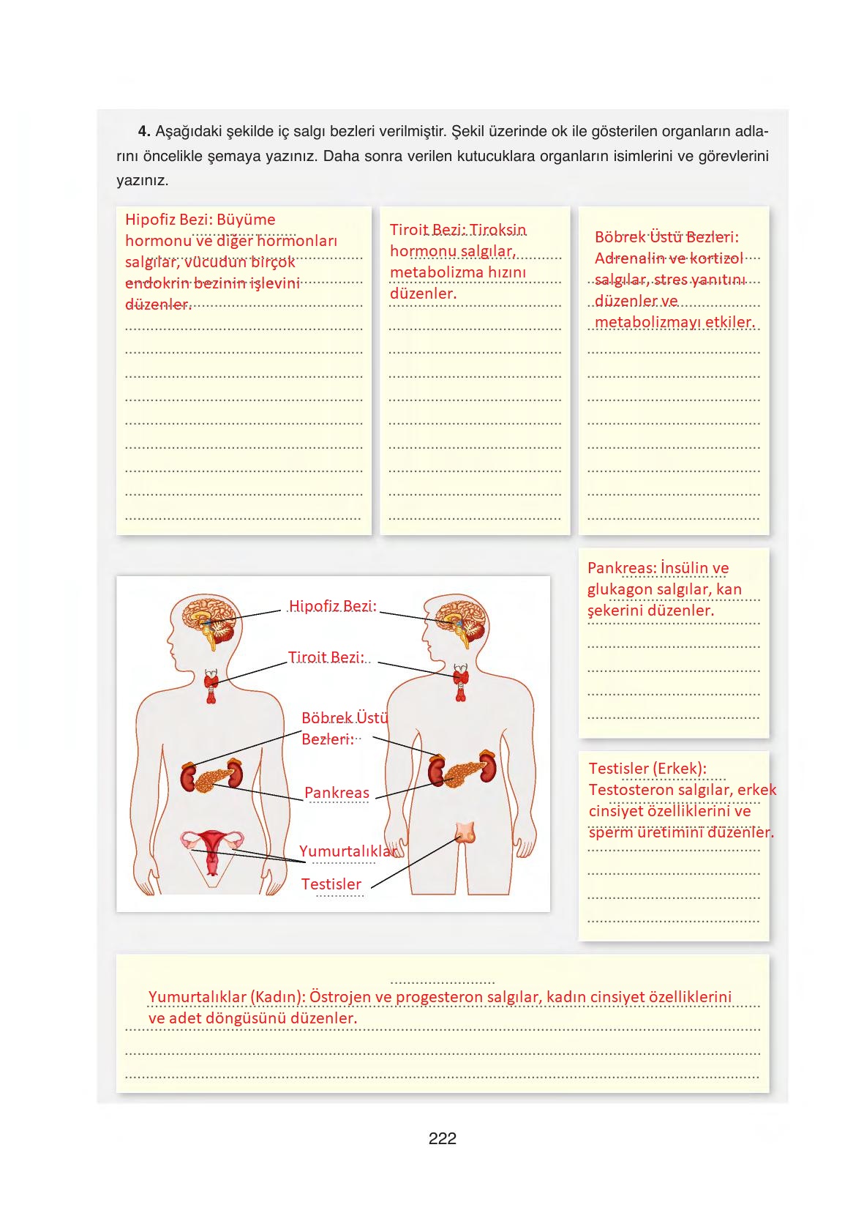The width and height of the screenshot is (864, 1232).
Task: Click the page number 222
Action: click(442, 1138)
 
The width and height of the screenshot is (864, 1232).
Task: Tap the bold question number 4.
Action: click(144, 131)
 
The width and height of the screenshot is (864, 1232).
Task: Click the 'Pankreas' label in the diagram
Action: click(337, 793)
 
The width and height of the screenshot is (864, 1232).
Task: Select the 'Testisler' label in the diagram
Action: click(331, 884)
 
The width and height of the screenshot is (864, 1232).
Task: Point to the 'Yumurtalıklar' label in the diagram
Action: click(348, 851)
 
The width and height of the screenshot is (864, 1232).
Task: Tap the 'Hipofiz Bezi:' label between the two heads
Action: click(333, 605)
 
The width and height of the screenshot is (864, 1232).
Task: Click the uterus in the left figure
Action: click(212, 849)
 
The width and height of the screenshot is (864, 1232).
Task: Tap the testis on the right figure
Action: click(466, 833)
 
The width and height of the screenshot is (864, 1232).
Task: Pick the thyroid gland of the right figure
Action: click(461, 682)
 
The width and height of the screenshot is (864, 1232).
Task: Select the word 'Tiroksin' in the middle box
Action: click(497, 229)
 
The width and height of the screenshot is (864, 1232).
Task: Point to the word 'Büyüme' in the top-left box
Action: click(246, 220)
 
